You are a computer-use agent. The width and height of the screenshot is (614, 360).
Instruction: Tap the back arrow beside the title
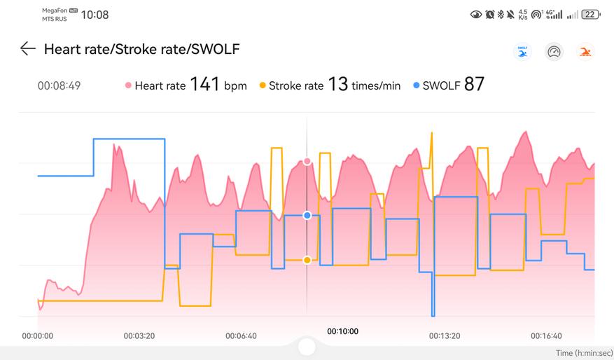coord(27,48)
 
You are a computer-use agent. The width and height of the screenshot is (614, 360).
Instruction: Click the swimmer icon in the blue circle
coord(522,52)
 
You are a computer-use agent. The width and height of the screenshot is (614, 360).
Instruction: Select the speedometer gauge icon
coord(554,52)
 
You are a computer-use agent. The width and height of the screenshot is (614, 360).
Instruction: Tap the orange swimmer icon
coord(585,52)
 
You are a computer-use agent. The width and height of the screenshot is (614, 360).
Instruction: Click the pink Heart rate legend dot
coord(128,86)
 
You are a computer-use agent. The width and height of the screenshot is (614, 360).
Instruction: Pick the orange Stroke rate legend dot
coord(263,86)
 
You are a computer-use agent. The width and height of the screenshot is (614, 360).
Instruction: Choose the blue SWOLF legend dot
coord(417,86)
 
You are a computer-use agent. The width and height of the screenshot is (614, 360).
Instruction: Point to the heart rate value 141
coord(204,85)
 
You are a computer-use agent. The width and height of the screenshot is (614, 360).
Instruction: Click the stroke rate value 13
coord(337,85)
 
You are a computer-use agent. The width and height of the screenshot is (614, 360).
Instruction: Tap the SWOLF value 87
coord(474,85)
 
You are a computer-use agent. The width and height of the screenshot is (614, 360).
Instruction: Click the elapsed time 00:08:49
coord(59,86)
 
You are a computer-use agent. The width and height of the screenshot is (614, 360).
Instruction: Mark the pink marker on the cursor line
coord(307,162)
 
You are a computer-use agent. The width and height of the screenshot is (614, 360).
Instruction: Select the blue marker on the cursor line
coord(307,215)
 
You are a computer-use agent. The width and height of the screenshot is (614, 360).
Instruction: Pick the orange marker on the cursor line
coord(307,260)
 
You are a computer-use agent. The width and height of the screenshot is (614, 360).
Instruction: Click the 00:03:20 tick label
coord(139,336)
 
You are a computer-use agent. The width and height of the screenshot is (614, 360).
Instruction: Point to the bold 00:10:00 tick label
coord(342,331)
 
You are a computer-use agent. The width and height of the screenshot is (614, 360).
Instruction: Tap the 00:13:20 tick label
coord(445,336)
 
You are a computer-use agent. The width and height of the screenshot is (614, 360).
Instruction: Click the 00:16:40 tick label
coord(546,336)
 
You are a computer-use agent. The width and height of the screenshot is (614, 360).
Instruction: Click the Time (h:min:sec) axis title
coord(583,353)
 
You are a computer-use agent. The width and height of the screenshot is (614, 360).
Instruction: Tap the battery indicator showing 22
coord(591,14)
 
